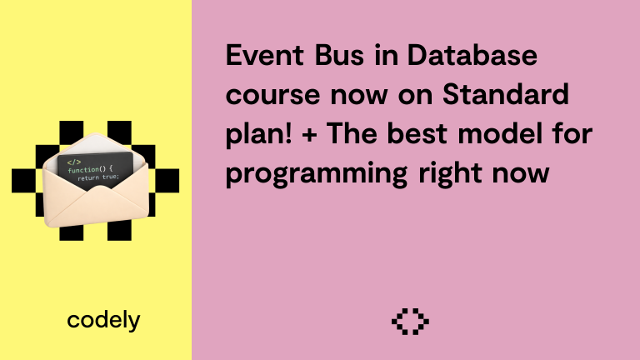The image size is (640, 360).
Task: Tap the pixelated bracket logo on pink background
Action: click(410, 321)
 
